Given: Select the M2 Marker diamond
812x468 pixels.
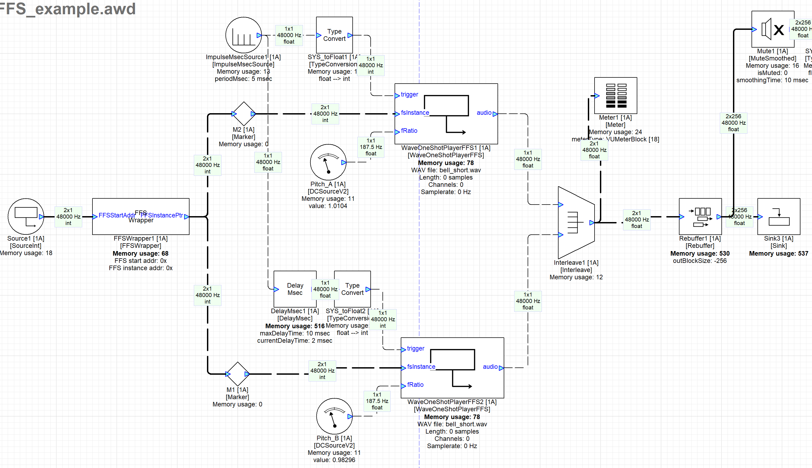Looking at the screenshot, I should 244,114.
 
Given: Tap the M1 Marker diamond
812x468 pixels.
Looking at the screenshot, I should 237,374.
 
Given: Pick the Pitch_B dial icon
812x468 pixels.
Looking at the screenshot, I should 334,416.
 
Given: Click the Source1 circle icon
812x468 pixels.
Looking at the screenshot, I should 26,216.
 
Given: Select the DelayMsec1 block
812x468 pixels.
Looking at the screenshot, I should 295,289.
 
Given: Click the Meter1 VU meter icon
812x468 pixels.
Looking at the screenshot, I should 615,95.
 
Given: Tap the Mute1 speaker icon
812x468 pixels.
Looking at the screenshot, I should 772,29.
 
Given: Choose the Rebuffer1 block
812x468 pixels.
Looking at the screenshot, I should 700,216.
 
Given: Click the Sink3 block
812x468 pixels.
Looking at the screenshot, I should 779,216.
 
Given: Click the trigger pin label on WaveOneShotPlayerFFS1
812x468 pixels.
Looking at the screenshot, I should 409,95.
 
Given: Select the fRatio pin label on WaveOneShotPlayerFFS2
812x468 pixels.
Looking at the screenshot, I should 415,385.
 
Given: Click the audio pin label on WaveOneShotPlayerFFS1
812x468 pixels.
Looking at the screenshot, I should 484,113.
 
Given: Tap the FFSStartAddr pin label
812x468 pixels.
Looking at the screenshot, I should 117,215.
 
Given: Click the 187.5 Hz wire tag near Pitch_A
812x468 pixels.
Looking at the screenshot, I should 371,147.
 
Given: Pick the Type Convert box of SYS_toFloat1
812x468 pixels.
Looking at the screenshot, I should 334,35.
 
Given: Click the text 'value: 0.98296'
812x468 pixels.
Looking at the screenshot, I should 334,460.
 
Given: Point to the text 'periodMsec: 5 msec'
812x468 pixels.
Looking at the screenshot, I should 243,79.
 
